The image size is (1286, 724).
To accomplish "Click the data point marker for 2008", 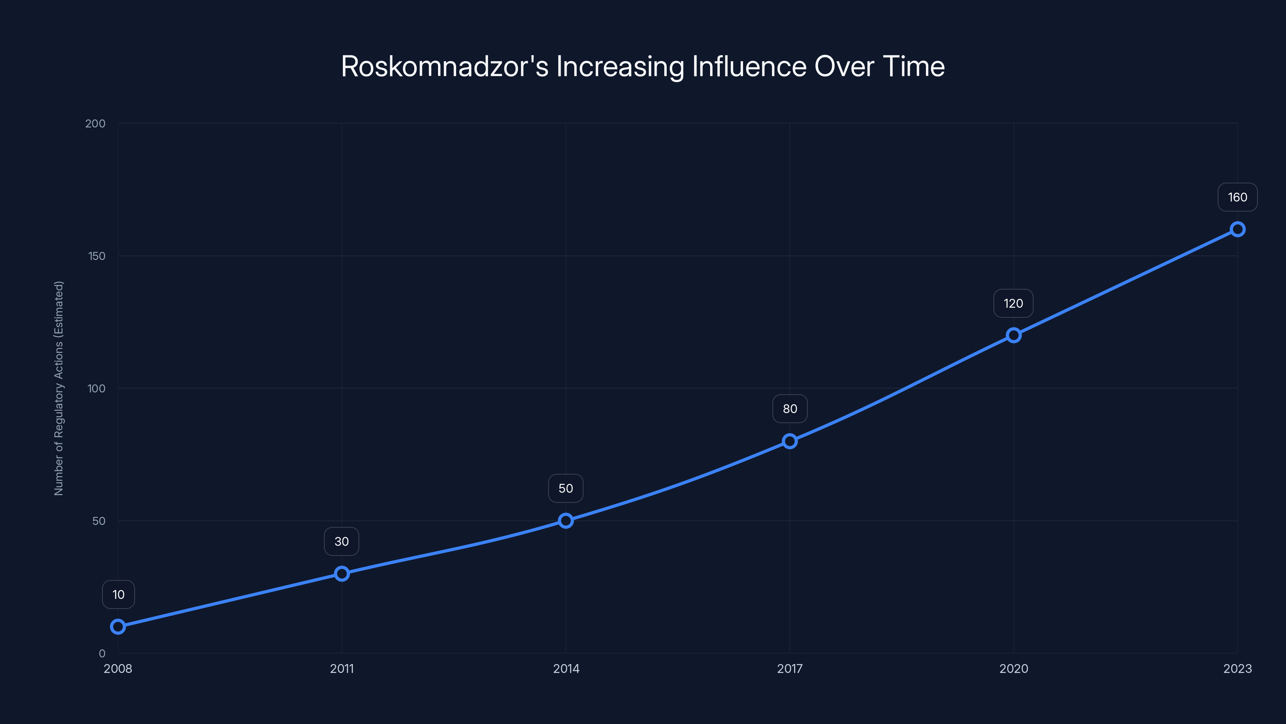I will coord(118,627).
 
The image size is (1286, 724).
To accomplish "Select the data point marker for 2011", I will coord(342,574).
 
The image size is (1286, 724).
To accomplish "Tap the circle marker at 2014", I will coord(565,520).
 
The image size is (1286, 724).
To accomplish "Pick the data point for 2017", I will coord(790,441).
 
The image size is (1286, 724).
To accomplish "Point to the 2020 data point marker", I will coord(1014,335).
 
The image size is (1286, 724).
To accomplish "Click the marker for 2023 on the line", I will coord(1238,229).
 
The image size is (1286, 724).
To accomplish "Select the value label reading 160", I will coord(1238,197).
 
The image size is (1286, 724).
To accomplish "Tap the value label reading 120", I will coord(1014,303).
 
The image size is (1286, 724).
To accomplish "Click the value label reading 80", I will coord(790,409).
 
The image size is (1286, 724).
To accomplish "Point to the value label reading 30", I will coord(342,542).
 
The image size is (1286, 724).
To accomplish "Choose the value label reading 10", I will coord(118,594).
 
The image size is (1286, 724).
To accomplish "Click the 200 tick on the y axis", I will coord(95,123).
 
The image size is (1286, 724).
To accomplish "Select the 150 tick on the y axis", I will coord(97,256).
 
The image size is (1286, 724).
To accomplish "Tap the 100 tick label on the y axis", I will coord(96,388).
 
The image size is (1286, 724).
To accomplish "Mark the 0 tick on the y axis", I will coord(102,653).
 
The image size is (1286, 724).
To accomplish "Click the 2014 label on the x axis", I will coord(566,668).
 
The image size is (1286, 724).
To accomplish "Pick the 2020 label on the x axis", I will coord(1014,668).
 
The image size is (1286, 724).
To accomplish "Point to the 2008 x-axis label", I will coord(118,668).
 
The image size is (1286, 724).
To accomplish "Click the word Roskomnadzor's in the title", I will coord(444,66).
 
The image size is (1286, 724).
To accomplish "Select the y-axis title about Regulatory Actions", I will coord(59,388).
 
